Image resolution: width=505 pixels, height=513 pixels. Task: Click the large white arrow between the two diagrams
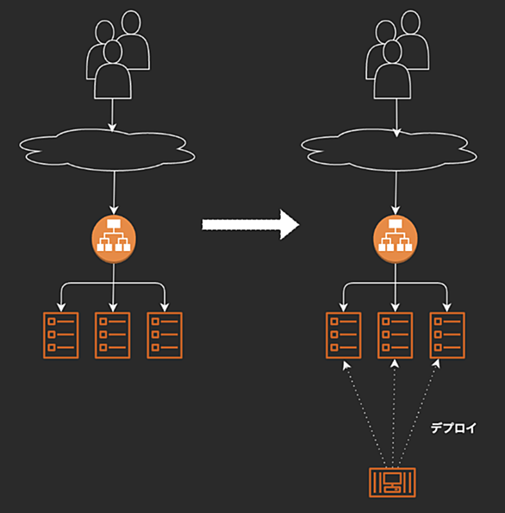[250, 225]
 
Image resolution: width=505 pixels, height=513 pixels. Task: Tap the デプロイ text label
[453, 428]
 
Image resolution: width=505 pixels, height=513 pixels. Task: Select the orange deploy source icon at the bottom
[392, 482]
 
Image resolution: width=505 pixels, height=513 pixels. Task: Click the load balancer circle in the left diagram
[114, 239]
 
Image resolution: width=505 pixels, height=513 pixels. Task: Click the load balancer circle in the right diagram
[396, 239]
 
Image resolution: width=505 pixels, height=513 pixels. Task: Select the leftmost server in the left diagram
[61, 335]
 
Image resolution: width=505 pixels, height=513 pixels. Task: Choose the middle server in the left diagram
[113, 335]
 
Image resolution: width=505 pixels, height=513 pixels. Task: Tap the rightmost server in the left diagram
[165, 335]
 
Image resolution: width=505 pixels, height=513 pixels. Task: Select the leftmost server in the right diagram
[344, 335]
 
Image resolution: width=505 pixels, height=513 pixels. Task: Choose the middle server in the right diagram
[395, 335]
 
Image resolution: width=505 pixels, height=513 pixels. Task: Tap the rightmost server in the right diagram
[447, 335]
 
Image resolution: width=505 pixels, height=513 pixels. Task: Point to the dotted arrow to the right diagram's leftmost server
[365, 414]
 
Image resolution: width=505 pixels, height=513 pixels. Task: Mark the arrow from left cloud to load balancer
[114, 192]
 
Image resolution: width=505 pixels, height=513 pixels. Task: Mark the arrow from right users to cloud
[396, 118]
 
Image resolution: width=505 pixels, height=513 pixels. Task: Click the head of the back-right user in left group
[131, 22]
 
